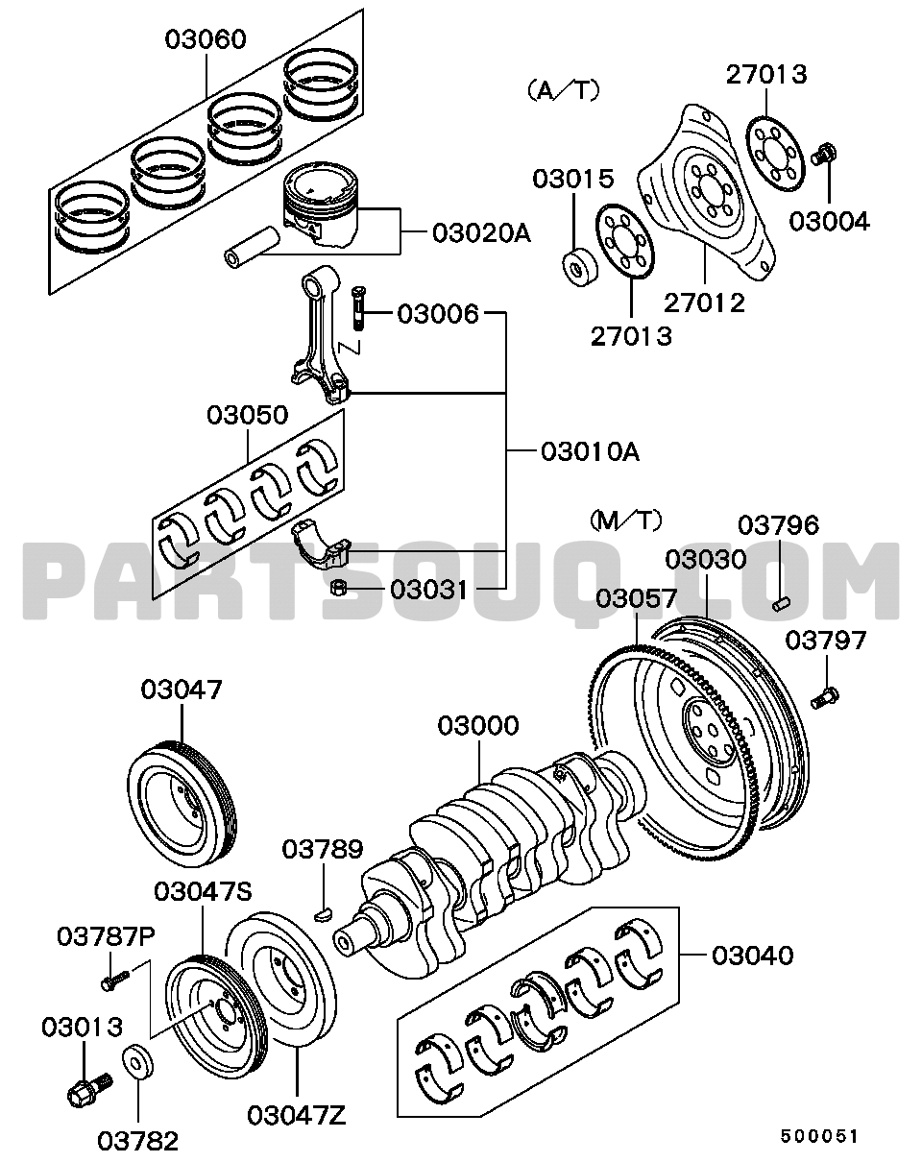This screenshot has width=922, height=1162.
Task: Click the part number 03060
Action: pos(206,39)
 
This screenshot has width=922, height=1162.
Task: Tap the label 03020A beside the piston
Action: pos(481,233)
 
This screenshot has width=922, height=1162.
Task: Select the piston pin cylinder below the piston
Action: pos(252,248)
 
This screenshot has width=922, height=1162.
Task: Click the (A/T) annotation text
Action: pos(564,91)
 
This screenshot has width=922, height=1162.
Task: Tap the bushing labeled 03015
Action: pos(580,266)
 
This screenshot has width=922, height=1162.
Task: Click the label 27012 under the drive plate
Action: pos(704,303)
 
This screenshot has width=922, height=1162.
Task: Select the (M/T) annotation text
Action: pos(625,520)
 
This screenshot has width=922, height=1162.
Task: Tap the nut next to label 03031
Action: pos(340,589)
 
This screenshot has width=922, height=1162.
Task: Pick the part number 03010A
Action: pos(591,451)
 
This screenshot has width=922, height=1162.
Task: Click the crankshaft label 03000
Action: pos(478,726)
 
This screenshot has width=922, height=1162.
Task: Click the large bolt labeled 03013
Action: pos(90,1089)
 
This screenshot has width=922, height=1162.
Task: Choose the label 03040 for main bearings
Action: pos(752,956)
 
